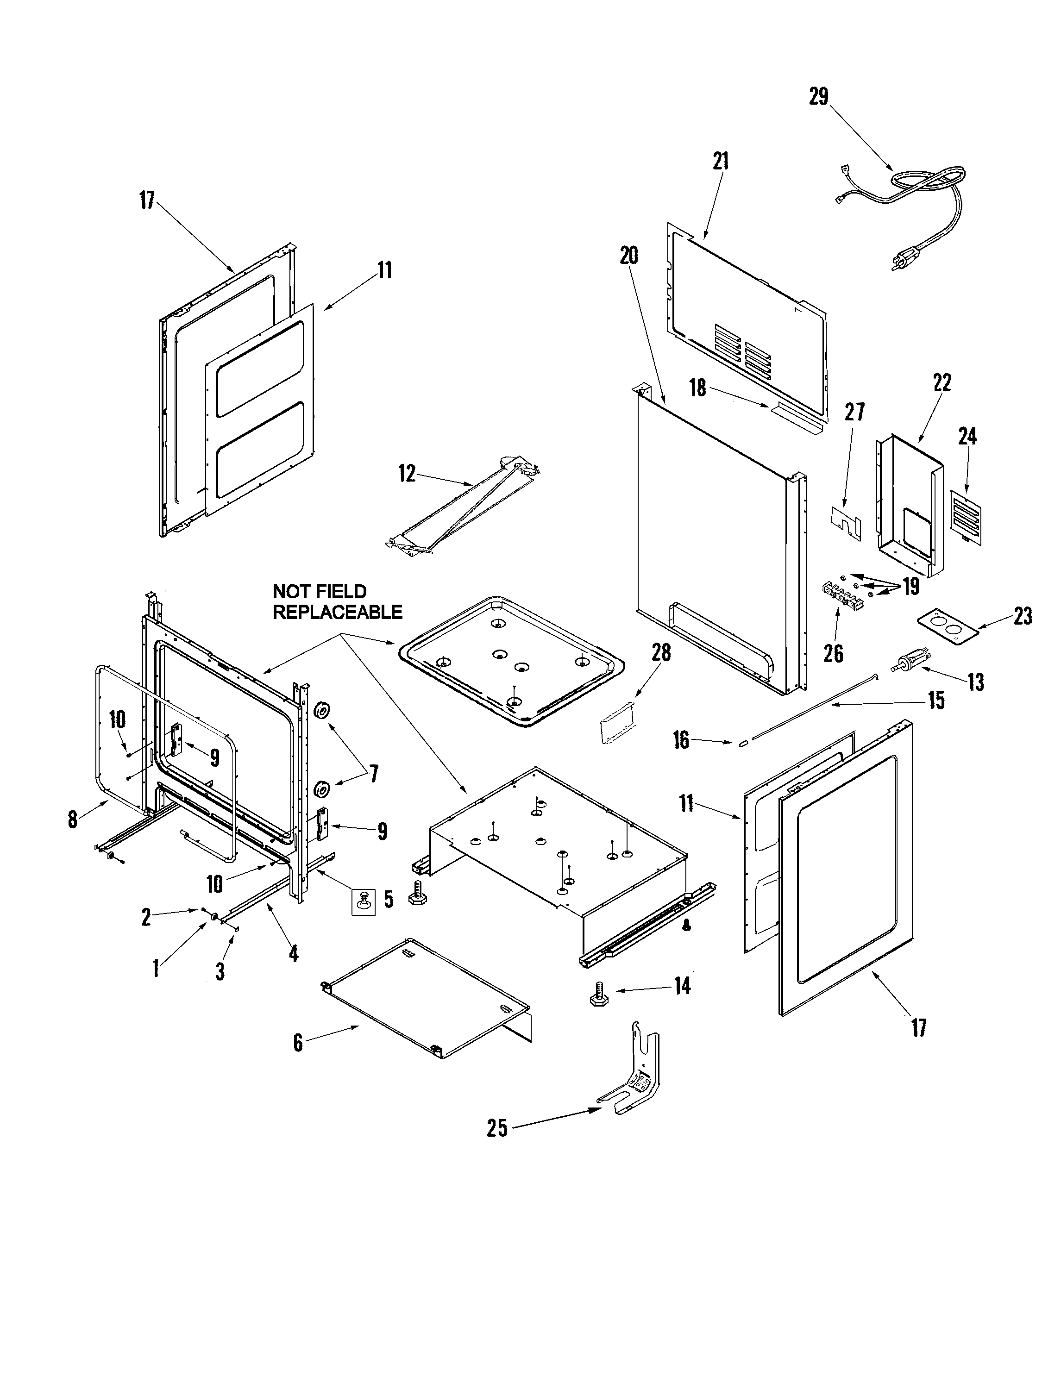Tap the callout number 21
[x=721, y=162]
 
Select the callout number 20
[x=629, y=256]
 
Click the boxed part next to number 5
[x=363, y=902]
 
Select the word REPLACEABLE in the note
[x=337, y=612]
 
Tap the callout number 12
[x=407, y=474]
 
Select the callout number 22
[x=942, y=383]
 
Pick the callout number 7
[x=374, y=774]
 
